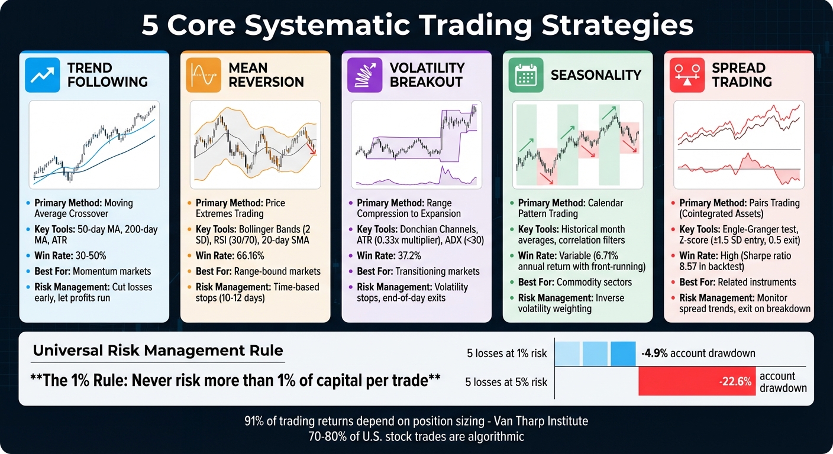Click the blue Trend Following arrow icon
[x=42, y=75]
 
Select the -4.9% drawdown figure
[x=656, y=354]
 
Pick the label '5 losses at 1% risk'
[x=506, y=354]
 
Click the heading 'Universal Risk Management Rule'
[x=158, y=351]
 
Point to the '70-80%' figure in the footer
[x=325, y=437]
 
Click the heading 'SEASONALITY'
[x=596, y=75]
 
